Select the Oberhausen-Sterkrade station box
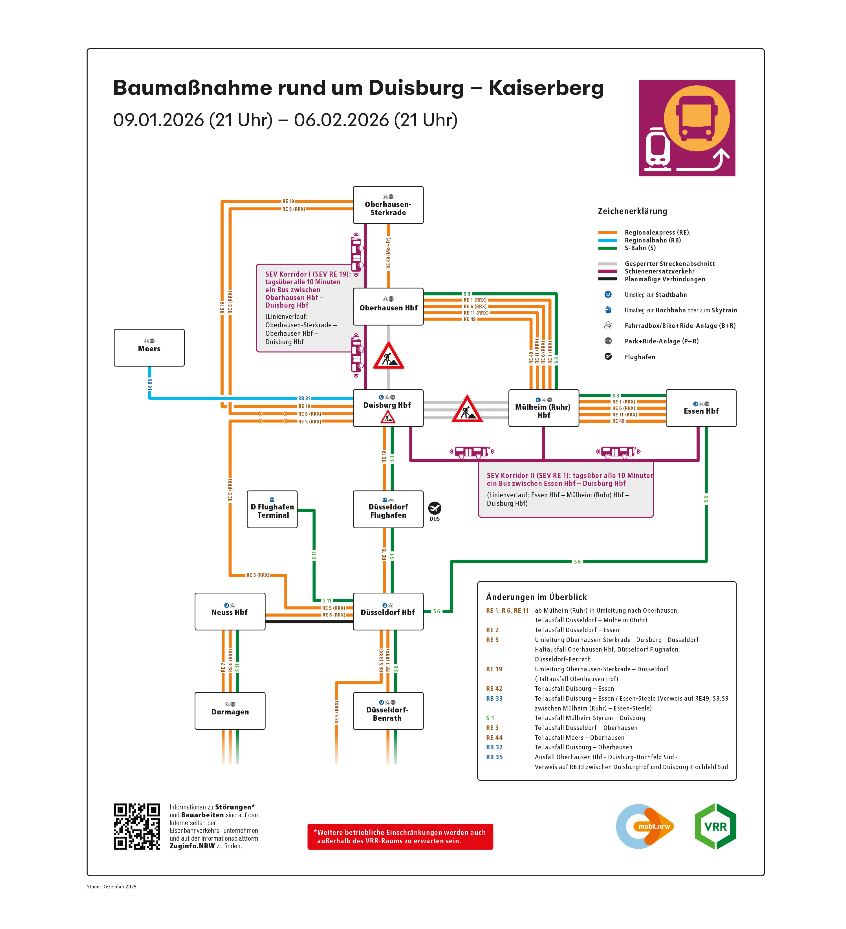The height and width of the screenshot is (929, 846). [388, 205]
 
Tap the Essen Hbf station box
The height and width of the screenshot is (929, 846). [700, 408]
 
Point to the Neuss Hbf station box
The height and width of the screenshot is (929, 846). [230, 612]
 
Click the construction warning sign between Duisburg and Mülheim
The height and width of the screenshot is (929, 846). [467, 410]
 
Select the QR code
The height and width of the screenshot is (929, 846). [137, 827]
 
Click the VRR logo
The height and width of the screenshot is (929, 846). [715, 826]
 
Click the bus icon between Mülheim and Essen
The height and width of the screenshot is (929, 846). [618, 452]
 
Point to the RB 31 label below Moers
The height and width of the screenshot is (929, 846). [149, 384]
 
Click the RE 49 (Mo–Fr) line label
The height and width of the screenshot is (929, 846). [388, 253]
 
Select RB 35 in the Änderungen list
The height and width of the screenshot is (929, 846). [494, 757]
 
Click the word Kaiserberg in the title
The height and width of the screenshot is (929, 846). [546, 88]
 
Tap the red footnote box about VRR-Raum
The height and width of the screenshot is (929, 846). [400, 836]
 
